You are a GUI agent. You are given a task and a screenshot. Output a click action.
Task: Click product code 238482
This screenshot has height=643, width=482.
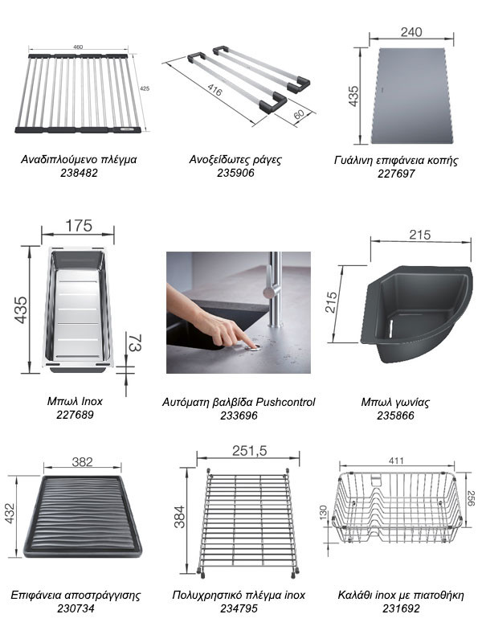coord(79,173)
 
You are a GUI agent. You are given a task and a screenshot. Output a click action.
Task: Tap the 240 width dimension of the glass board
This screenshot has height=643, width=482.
coord(411,32)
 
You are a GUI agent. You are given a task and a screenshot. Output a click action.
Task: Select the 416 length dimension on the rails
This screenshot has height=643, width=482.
coord(214,89)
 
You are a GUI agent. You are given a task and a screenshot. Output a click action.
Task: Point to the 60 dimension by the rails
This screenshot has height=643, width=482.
coord(299,114)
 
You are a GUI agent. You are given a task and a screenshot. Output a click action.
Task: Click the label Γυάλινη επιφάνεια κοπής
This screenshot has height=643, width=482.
coord(396,160)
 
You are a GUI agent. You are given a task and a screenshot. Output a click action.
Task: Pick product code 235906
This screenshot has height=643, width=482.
coord(235,173)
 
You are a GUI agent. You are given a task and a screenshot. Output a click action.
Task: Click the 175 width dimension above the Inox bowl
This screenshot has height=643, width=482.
coord(79,226)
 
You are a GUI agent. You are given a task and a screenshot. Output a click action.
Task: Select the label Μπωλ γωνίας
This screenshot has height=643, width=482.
coord(395,403)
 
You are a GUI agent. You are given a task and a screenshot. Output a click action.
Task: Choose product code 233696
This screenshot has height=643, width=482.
coord(239,416)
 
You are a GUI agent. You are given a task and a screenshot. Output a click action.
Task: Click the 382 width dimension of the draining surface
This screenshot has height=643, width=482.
coord(82,462)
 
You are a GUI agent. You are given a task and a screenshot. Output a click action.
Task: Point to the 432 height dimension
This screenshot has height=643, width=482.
coord(10,514)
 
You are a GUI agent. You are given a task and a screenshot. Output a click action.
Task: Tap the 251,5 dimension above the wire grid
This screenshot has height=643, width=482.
coord(249,451)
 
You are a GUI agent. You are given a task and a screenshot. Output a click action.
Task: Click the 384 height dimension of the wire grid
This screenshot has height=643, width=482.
coord(179,517)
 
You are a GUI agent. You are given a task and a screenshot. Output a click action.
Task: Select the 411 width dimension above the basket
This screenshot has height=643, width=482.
coord(396,461)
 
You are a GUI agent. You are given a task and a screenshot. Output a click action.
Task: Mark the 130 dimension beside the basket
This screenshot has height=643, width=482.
coord(323,513)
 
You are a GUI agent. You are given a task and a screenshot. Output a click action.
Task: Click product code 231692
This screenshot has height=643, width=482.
coord(401,608)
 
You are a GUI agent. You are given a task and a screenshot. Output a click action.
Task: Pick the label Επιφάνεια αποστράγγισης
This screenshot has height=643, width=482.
coord(76,596)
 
